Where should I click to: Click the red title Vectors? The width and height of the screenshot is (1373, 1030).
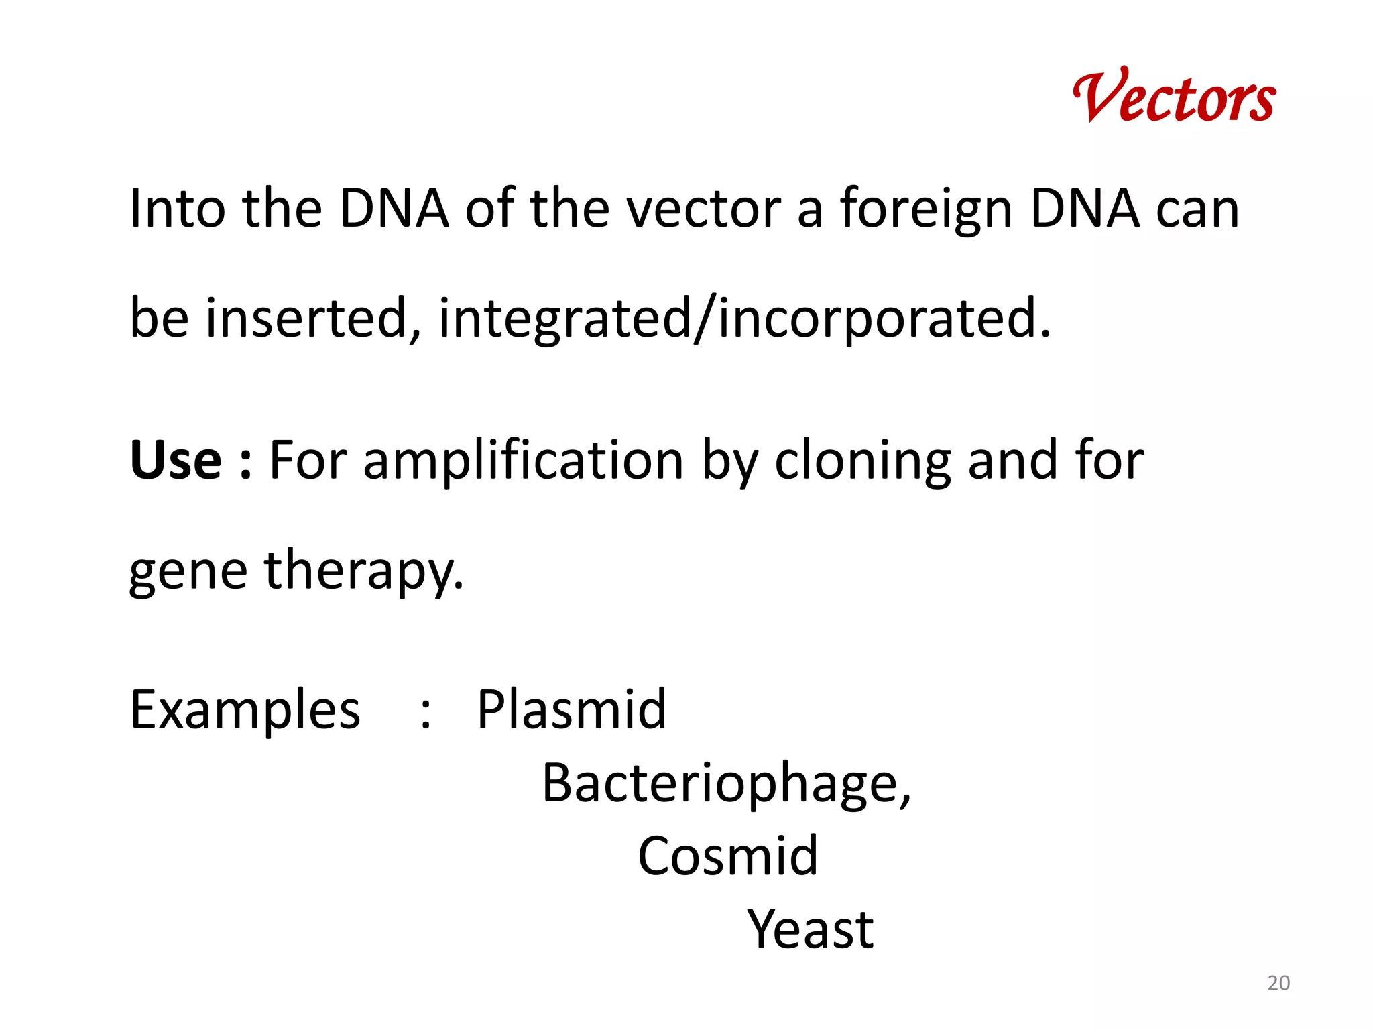point(1174,98)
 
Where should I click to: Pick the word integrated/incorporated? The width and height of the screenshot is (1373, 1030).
point(744,319)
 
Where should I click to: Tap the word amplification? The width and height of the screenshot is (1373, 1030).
point(523,461)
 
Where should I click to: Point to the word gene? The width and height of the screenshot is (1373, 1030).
point(188,571)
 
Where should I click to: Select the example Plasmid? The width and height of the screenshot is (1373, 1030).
point(571,709)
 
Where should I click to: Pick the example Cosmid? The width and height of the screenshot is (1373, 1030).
point(728,856)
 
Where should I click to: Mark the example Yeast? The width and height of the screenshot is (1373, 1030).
point(810,929)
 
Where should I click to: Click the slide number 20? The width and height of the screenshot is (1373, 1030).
point(1278,983)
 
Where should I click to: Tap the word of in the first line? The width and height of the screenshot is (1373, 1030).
point(490,209)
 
